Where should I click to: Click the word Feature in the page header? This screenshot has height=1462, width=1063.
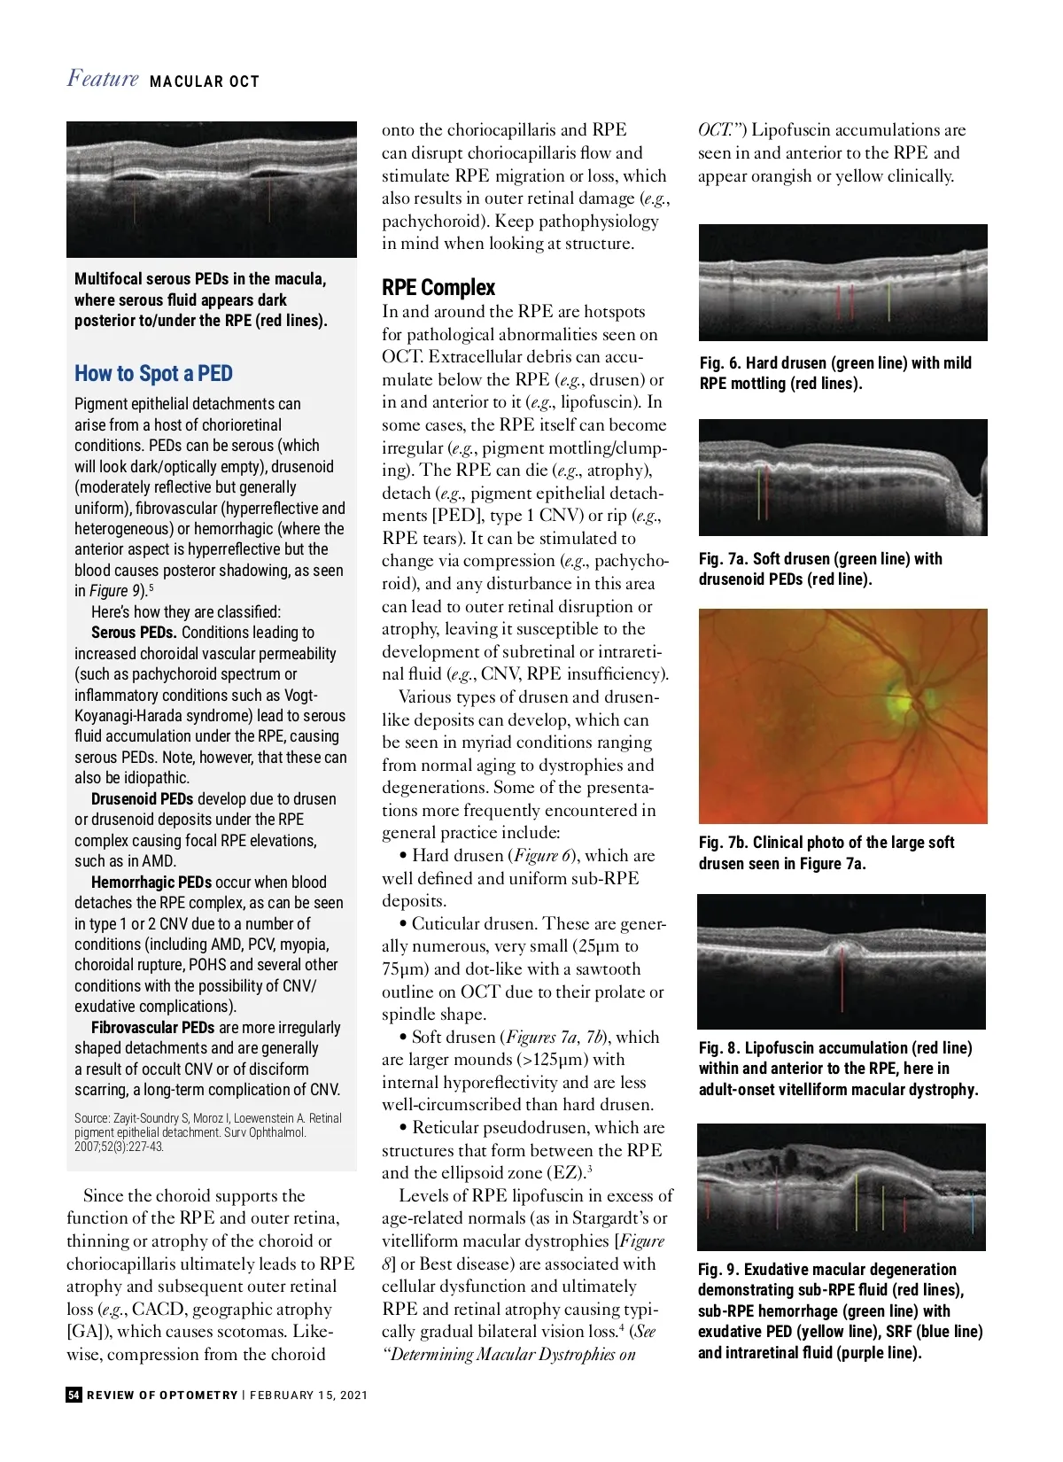click(x=103, y=79)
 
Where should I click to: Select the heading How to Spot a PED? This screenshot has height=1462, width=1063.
click(x=153, y=374)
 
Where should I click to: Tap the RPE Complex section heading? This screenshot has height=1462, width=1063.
click(x=438, y=287)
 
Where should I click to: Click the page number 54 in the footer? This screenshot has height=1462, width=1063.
click(x=74, y=1395)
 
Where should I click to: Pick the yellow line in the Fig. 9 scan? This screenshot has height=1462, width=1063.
click(x=856, y=1202)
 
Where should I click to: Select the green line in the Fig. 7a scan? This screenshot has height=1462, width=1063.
click(x=759, y=494)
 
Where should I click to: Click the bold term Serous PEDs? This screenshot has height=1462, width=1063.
click(x=134, y=633)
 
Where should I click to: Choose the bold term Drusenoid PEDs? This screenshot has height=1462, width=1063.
click(x=142, y=799)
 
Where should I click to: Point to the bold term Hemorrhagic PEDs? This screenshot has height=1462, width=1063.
click(x=151, y=883)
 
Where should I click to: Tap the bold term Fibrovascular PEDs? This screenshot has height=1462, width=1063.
click(x=152, y=1028)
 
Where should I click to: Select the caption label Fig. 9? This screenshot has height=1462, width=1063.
click(x=718, y=1270)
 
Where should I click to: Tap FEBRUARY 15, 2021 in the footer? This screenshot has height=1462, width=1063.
click(x=308, y=1395)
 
